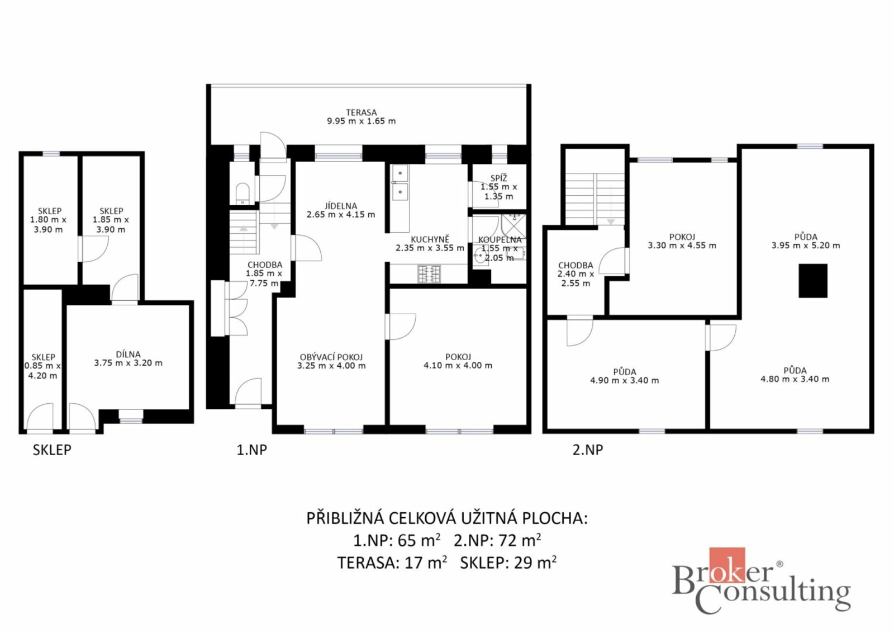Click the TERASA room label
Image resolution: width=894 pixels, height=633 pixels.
(361, 112)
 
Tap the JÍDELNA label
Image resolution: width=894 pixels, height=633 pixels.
(340, 206)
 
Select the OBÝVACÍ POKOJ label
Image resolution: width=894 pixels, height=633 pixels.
(331, 357)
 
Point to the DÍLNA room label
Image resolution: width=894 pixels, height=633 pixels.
(128, 354)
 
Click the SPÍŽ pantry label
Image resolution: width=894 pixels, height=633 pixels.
(498, 178)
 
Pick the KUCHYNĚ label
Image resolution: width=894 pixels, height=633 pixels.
(430, 239)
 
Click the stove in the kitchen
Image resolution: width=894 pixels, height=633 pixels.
(429, 273)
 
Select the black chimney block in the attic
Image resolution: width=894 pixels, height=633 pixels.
(813, 280)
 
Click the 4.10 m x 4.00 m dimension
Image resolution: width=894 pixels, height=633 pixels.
(458, 365)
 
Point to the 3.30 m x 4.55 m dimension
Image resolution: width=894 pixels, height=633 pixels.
(682, 245)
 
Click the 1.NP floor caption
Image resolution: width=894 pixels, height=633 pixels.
(252, 450)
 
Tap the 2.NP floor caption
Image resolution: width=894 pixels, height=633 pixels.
(587, 450)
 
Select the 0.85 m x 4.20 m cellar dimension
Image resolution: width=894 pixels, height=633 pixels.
(42, 371)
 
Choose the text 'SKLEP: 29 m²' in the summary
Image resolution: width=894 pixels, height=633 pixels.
(508, 563)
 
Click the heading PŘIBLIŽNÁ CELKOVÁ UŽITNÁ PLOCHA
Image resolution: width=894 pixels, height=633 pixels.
(447, 518)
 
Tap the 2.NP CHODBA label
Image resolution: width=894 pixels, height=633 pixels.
(576, 265)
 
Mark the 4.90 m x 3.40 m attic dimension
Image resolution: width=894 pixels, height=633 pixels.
(625, 381)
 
